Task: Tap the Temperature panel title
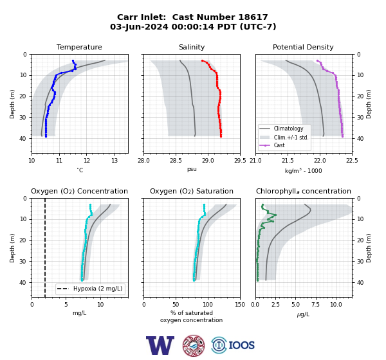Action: point(79,47)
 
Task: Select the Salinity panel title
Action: point(192,47)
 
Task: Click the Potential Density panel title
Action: point(303,47)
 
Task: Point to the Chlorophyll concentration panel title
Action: point(304,191)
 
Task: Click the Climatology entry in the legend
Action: point(288,129)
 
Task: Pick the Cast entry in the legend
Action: point(279,145)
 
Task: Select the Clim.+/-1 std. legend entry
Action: point(291,138)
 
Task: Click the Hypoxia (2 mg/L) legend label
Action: point(98,289)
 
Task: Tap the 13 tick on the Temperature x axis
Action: point(115,161)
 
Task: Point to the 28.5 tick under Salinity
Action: point(176,161)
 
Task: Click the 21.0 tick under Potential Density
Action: point(255,161)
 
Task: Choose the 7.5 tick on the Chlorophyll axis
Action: point(315,305)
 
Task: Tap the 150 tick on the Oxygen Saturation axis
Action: point(240,305)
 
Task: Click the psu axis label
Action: point(192,169)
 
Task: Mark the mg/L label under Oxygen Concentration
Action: point(80,313)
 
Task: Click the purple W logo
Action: point(160,345)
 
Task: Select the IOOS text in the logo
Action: point(242,345)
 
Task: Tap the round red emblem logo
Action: point(194,345)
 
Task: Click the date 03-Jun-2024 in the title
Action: point(139,26)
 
